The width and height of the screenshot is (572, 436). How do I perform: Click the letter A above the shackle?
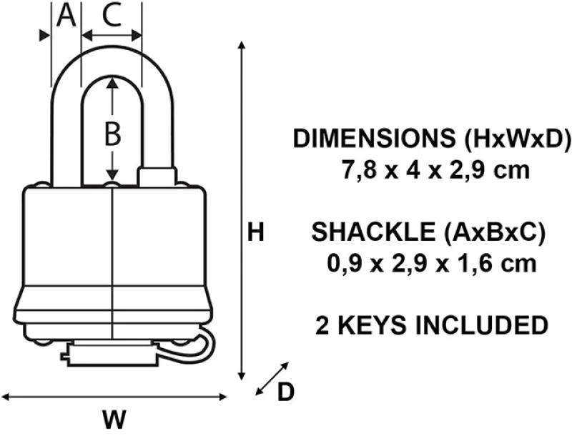[66, 16]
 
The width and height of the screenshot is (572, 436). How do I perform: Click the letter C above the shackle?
[112, 16]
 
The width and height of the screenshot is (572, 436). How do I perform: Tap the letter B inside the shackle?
[112, 134]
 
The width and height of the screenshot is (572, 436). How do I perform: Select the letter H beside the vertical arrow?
[255, 232]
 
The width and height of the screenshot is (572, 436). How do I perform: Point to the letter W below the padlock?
[114, 419]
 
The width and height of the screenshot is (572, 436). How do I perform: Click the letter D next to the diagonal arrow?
[285, 392]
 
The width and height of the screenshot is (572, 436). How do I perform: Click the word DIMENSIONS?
[374, 138]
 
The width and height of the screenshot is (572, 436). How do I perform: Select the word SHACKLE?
[373, 232]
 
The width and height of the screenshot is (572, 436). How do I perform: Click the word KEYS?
[372, 324]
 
